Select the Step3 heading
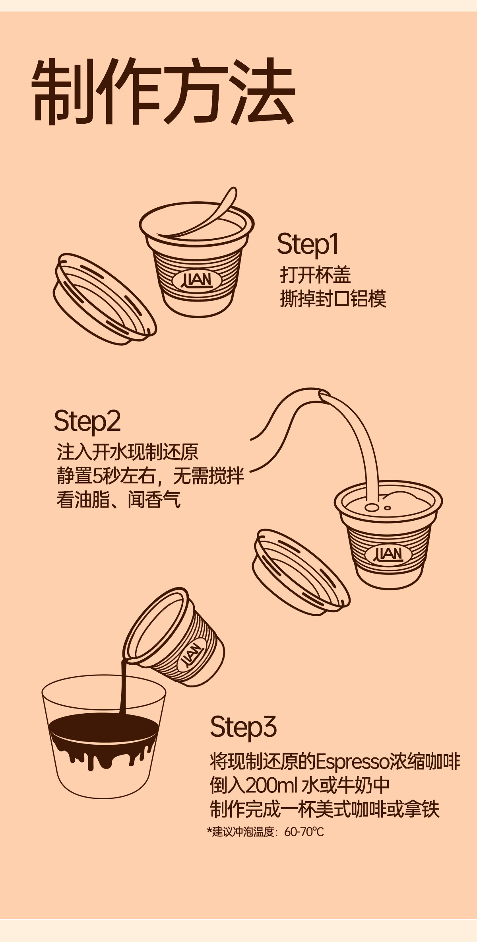click(243, 726)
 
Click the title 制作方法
click(163, 92)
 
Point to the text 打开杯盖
click(315, 274)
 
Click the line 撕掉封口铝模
click(333, 299)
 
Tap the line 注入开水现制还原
click(128, 452)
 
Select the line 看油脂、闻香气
click(118, 500)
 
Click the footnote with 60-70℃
click(265, 832)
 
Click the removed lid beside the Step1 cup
click(104, 298)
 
